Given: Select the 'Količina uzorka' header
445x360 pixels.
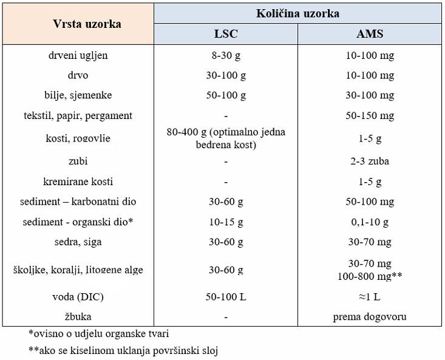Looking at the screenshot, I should pos(297,13).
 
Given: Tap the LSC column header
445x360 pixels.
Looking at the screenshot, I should pos(225,34).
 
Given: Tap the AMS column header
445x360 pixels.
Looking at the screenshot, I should pos(369,34).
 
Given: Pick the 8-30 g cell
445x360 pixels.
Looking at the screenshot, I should pos(225,55).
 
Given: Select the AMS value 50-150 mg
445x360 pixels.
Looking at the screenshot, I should pos(369,115).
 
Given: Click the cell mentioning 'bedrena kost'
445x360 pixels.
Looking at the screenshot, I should pos(225,138).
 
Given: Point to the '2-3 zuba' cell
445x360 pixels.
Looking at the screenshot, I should pos(369,161).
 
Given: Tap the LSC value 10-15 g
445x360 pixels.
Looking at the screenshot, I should pos(225,222).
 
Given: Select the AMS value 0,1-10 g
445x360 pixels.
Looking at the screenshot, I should pos(369,222).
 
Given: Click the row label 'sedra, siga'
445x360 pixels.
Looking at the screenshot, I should pos(78,242).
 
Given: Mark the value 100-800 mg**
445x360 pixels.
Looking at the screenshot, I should pos(369,275).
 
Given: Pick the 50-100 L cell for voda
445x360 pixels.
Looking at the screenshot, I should pos(225,297).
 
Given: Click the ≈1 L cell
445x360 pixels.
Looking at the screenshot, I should pos(369,297).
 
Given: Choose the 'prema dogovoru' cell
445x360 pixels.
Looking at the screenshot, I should pos(369,316).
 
